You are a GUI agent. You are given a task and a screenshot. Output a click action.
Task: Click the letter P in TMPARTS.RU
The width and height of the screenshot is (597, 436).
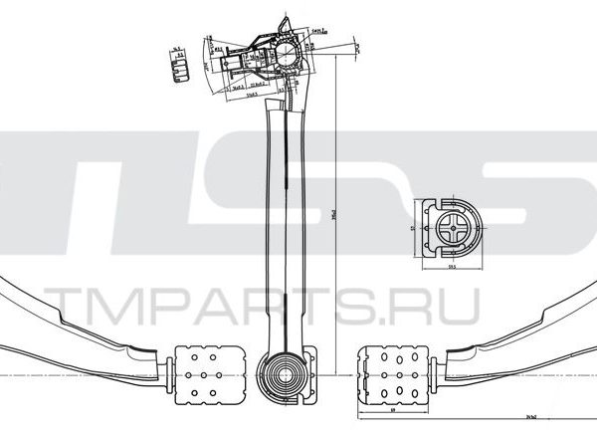[165, 306]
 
